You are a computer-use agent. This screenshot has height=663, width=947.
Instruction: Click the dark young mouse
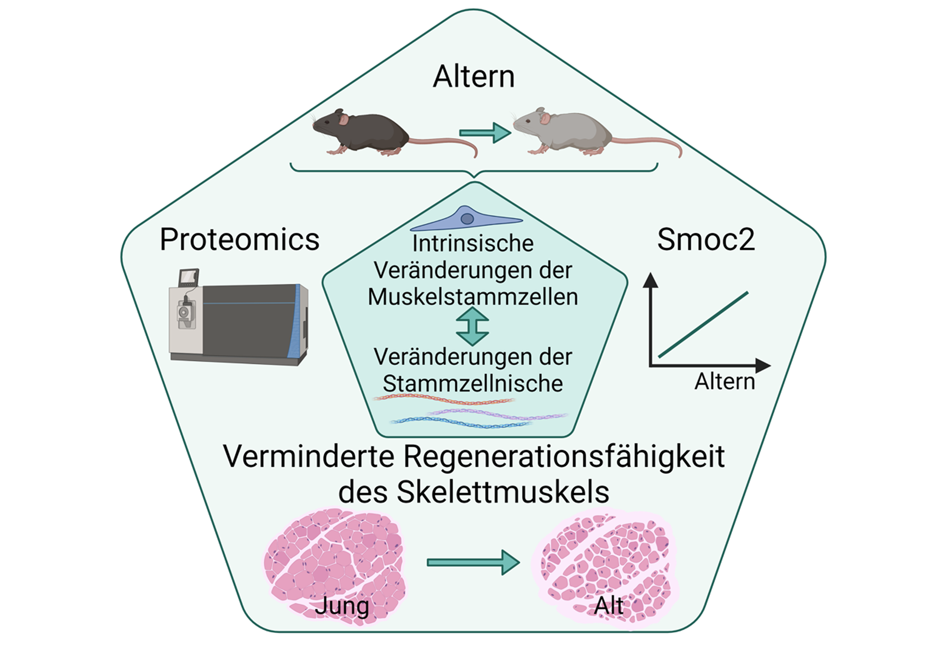coord(363,132)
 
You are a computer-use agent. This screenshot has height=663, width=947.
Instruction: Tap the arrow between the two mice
coord(485,133)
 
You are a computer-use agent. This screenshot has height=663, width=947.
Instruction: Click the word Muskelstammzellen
coord(473,297)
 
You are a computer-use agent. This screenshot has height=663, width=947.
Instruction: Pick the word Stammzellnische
coord(473,384)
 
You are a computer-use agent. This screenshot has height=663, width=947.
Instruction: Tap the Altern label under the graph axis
coord(725,381)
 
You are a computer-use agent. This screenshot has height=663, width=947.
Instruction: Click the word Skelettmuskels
coord(503,492)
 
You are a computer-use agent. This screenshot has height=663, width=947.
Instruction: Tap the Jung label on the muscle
coord(341,606)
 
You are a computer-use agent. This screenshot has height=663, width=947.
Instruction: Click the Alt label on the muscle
coord(609,606)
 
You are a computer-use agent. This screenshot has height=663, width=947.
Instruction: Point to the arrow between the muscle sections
coord(473,562)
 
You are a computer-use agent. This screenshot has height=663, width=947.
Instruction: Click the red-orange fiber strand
coord(444,399)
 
